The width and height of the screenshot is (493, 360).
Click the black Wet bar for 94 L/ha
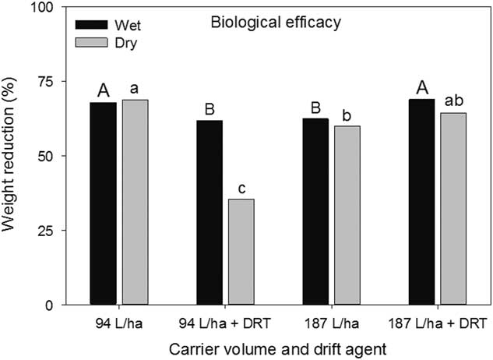(104, 203)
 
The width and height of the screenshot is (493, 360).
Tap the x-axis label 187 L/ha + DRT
(438, 321)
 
